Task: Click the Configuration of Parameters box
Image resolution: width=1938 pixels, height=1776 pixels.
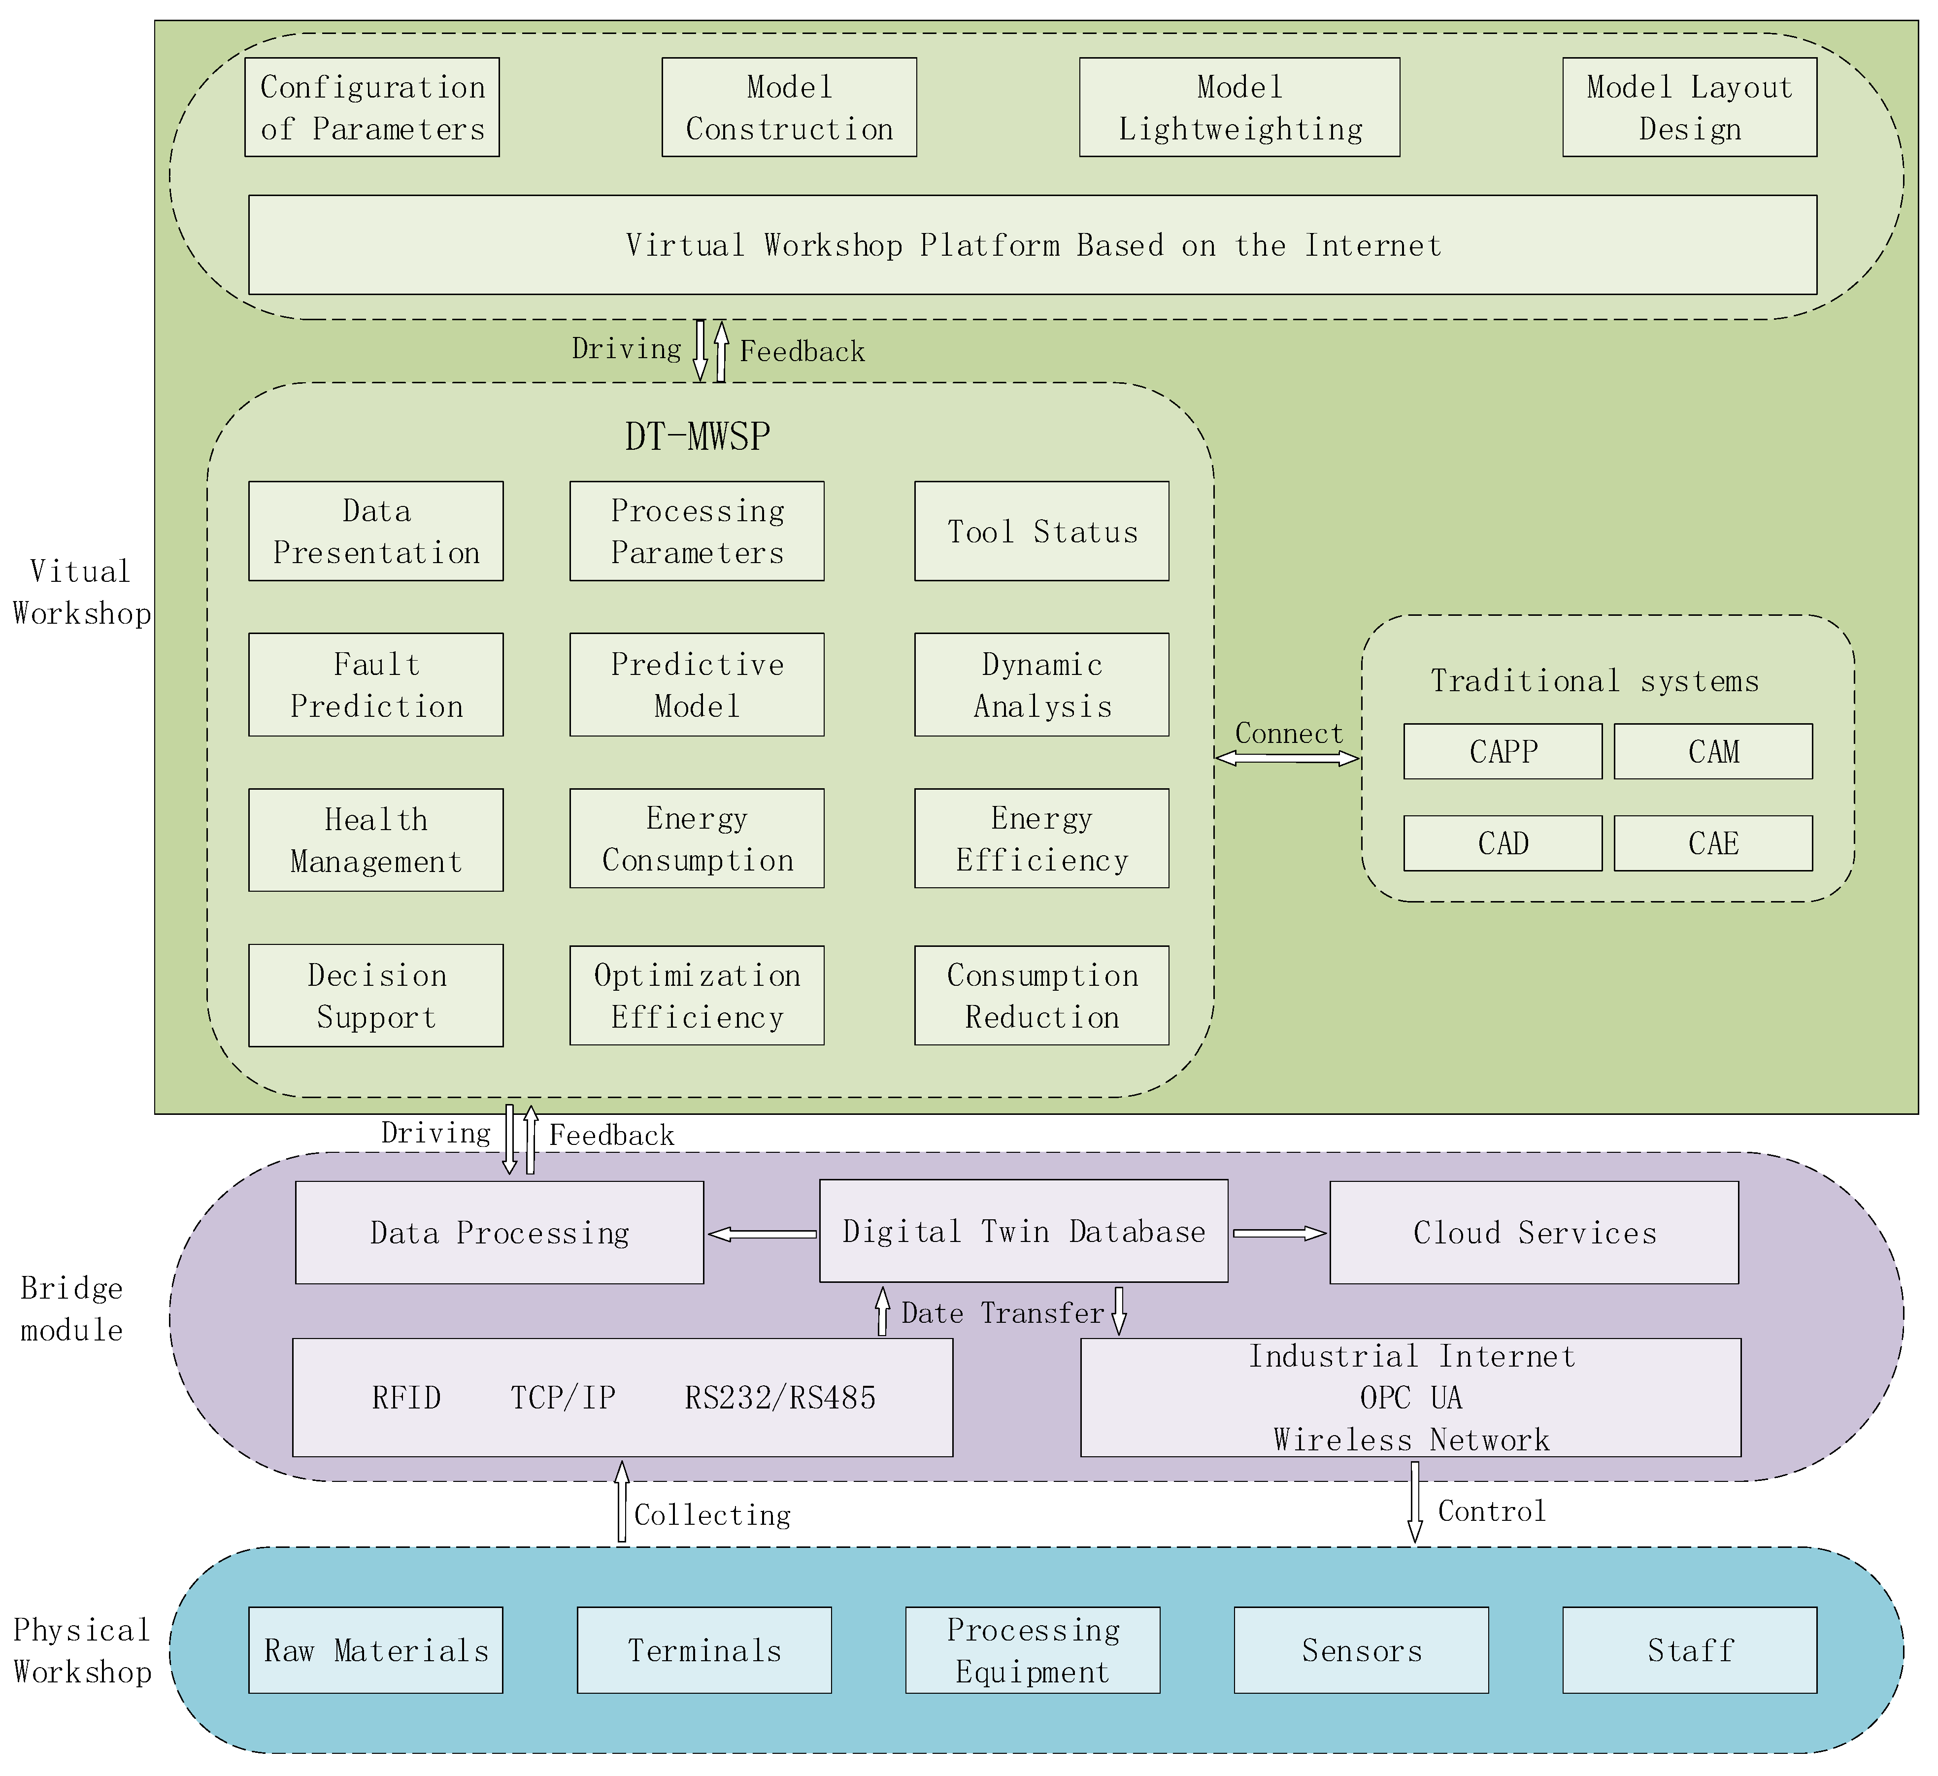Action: (372, 108)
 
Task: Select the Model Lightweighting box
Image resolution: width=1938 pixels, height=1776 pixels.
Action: (1239, 108)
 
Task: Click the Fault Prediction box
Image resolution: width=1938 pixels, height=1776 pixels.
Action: (376, 685)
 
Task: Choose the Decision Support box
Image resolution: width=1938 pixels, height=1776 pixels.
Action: (376, 995)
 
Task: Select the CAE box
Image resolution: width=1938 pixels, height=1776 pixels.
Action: (1713, 843)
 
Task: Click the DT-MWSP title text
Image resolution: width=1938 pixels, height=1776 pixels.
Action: (698, 436)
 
